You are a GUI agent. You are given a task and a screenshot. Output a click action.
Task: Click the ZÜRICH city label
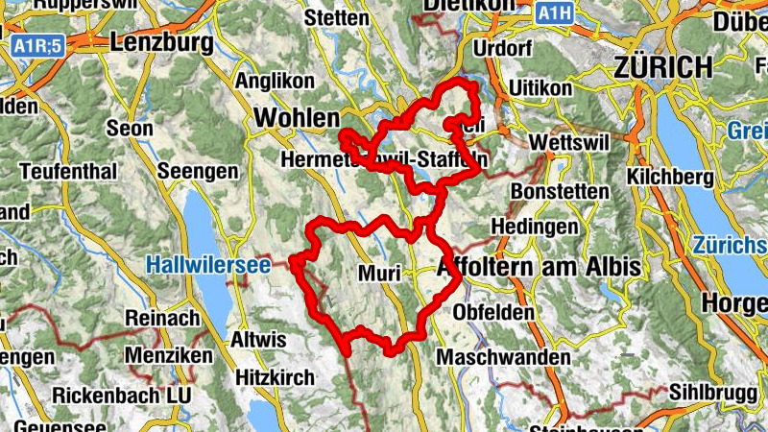pos(663,67)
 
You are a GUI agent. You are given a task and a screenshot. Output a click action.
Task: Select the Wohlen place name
pos(297,117)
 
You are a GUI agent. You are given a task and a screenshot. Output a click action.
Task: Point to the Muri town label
pos(378,273)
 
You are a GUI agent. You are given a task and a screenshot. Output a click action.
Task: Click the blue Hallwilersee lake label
pos(195,262)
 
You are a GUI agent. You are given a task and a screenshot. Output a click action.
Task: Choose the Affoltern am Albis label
pos(537,268)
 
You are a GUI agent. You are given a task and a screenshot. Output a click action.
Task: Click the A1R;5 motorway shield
pos(37,44)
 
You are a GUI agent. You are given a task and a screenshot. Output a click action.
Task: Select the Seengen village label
pos(199,171)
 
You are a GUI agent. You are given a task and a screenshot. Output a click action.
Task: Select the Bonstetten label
pos(560,192)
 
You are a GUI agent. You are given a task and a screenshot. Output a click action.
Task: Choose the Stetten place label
pos(336,18)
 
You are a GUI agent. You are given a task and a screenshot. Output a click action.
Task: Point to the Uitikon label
pos(546,87)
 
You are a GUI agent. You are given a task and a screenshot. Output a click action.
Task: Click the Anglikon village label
pos(275,82)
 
